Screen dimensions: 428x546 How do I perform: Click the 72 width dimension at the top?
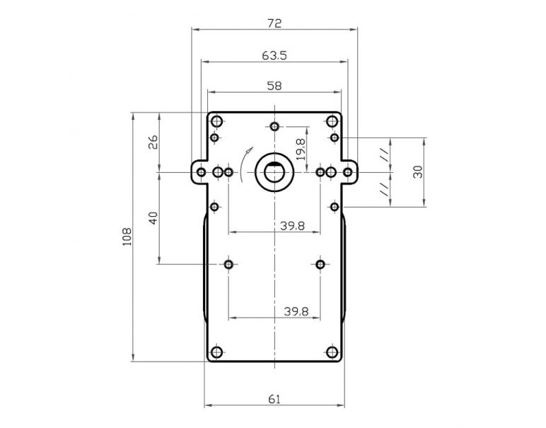[274, 23]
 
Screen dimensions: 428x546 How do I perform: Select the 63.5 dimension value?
[274, 55]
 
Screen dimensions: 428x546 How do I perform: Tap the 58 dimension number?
[274, 85]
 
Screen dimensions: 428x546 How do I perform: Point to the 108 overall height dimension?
[127, 236]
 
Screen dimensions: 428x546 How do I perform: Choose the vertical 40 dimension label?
[153, 218]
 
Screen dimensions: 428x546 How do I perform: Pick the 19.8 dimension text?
[301, 150]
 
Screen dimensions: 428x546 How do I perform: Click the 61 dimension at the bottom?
[274, 400]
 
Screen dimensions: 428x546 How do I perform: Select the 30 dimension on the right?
[418, 171]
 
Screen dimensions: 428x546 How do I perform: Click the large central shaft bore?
[274, 171]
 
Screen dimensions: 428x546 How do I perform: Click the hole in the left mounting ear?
[202, 172]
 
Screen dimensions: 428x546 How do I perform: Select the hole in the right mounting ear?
[347, 172]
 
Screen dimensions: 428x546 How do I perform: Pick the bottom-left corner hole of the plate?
[216, 352]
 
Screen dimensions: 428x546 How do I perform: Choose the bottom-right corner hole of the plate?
[332, 352]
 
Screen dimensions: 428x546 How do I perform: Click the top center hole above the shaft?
[274, 127]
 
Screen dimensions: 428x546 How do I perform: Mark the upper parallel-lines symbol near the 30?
[383, 154]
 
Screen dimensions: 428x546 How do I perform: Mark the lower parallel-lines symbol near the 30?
[383, 188]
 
